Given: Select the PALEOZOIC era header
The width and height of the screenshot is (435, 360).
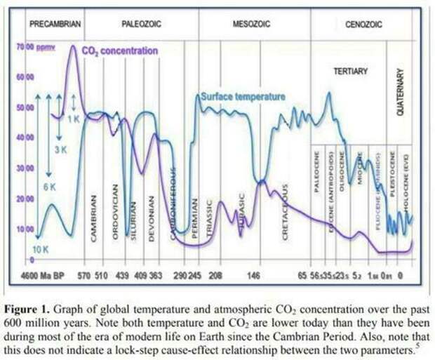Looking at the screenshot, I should point(142,24).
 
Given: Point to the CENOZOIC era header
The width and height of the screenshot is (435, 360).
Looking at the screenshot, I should point(363,24).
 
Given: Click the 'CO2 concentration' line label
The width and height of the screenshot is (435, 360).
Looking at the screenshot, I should point(119,51).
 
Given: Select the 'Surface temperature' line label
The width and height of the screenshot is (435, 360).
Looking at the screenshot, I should point(243,96).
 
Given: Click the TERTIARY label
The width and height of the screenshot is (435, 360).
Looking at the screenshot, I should point(349,71).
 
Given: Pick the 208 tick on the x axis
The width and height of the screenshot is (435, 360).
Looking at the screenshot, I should point(216,276).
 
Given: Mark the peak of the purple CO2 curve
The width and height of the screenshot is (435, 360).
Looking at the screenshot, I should point(72,47).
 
